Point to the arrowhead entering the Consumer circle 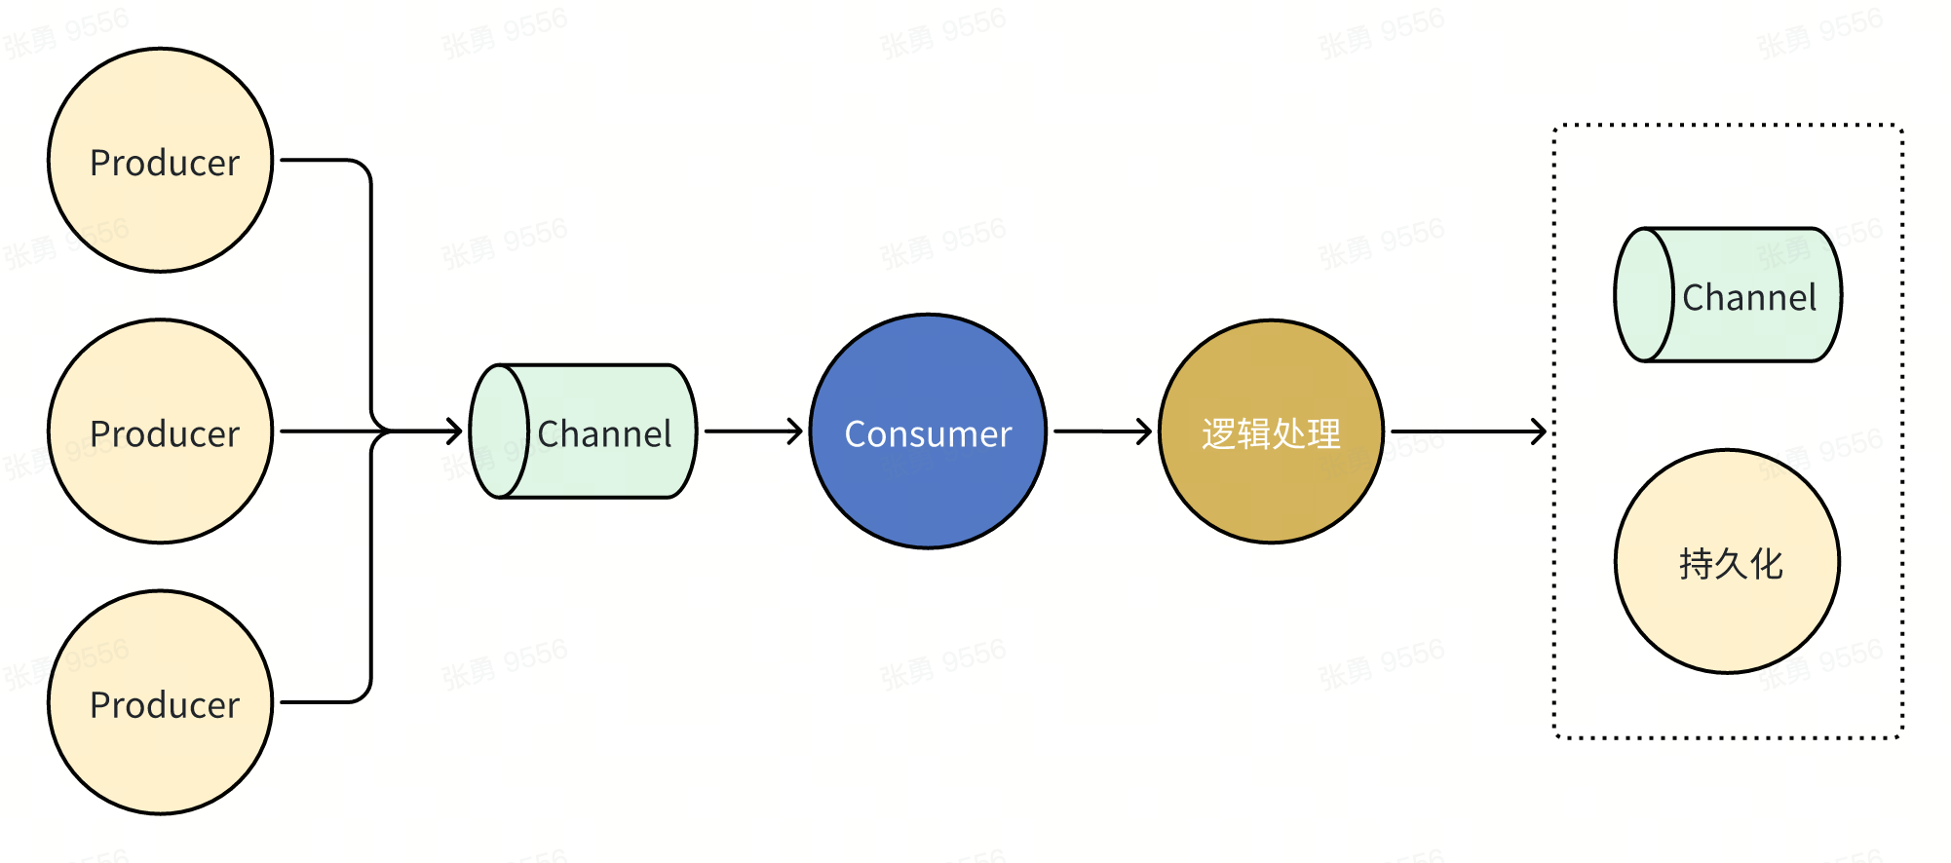(x=795, y=431)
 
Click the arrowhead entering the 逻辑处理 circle (x=1144, y=431)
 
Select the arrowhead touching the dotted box (x=1540, y=431)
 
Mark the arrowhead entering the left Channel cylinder (x=454, y=431)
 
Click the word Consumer (x=928, y=434)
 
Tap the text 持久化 (x=1731, y=564)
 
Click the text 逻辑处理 (x=1271, y=434)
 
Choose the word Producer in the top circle (x=165, y=163)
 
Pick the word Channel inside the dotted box (x=1749, y=298)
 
